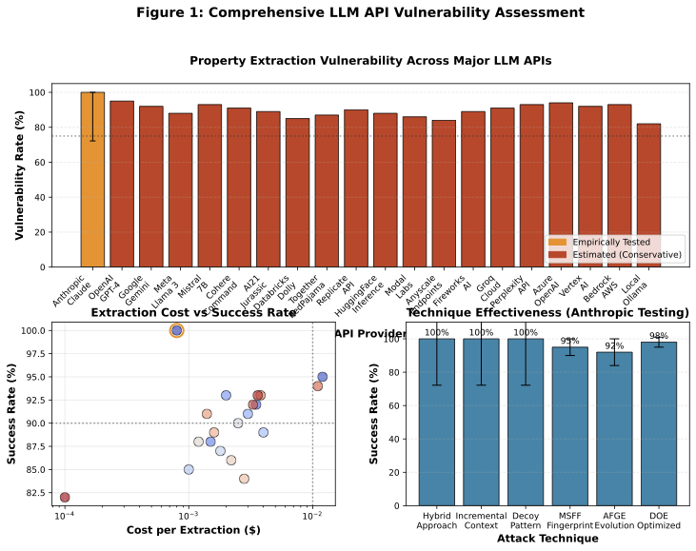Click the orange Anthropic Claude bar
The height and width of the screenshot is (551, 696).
[x=92, y=181]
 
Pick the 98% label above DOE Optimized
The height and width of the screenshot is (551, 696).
[x=659, y=336]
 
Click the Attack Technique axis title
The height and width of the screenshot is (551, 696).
[x=548, y=539]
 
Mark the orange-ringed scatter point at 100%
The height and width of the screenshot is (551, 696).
[x=176, y=330]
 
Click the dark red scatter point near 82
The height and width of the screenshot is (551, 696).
[x=65, y=497]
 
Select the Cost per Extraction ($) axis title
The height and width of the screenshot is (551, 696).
[x=188, y=529]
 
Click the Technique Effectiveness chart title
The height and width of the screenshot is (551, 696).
[x=547, y=312]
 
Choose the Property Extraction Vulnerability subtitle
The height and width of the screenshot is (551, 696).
[x=370, y=61]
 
